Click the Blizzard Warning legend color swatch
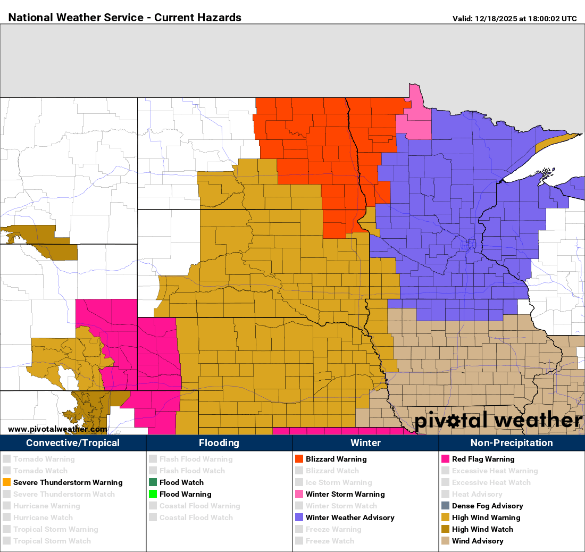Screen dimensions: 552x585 click(x=299, y=459)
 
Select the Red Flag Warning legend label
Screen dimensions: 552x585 click(x=483, y=459)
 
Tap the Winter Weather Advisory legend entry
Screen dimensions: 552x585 click(x=349, y=517)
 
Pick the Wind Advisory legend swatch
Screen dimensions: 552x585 click(x=445, y=541)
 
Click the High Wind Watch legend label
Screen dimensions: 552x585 click(x=482, y=529)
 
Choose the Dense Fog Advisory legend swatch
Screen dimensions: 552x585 click(x=445, y=506)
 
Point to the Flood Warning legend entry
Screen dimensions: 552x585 click(x=185, y=494)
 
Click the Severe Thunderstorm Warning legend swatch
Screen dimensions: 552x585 click(x=6, y=482)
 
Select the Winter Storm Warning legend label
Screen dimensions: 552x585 click(x=345, y=494)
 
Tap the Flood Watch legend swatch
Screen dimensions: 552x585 click(x=153, y=482)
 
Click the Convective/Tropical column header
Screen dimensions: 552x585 click(x=73, y=442)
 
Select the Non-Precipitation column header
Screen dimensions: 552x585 click(x=512, y=442)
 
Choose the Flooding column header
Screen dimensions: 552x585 click(x=219, y=442)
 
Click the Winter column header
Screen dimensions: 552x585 click(x=365, y=442)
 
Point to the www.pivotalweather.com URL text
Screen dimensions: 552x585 click(x=57, y=429)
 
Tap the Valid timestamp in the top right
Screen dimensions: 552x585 click(x=514, y=19)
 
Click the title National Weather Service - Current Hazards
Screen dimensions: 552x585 click(x=125, y=18)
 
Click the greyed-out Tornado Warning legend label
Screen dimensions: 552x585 click(x=44, y=459)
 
